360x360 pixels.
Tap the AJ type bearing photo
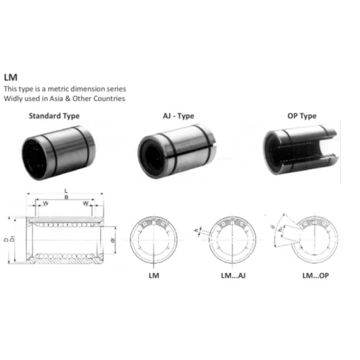point(176,150)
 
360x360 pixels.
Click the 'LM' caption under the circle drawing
point(153,276)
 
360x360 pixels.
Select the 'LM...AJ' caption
point(232,276)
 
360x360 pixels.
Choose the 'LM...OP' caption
point(312,276)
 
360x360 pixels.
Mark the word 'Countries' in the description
point(108,99)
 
